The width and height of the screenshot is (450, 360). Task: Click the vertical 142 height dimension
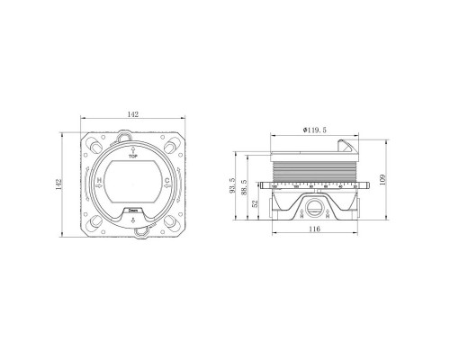[x=60, y=184]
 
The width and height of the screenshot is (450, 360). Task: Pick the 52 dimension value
[x=259, y=202]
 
